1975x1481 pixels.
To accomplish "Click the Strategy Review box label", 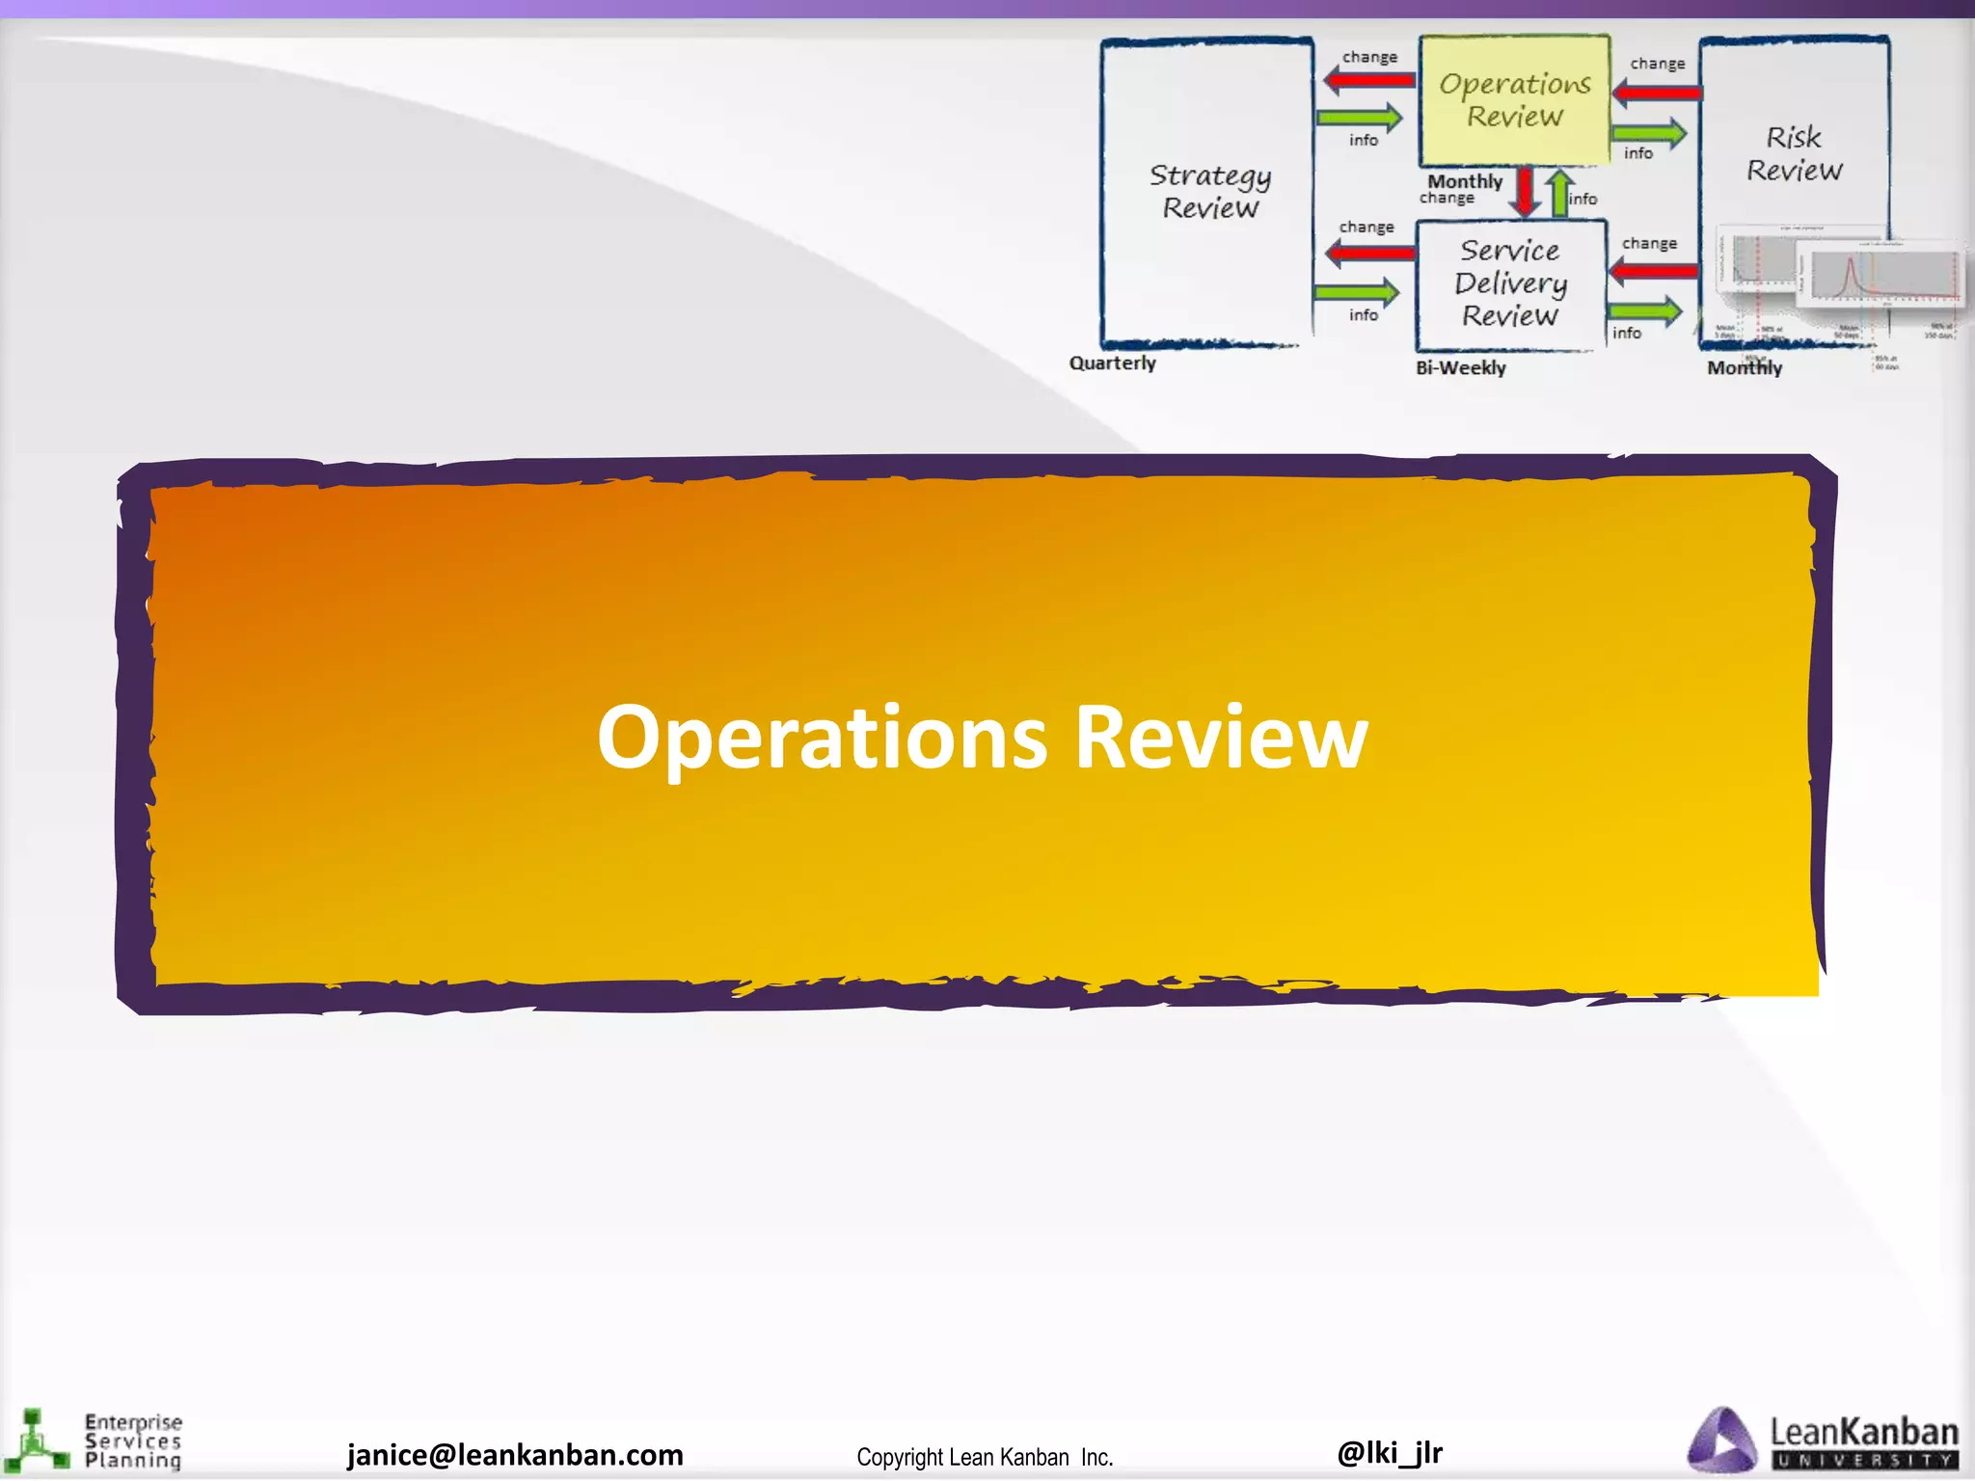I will pos(1209,191).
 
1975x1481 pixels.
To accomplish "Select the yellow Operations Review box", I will pos(1514,100).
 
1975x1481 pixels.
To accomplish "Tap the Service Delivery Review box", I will pos(1510,283).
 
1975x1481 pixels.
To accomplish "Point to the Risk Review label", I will pos(1794,153).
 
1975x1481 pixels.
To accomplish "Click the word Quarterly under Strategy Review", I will pos(1112,364).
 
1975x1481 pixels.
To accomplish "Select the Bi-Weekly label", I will pos(1460,368).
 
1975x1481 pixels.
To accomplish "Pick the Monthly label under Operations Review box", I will pos(1465,181).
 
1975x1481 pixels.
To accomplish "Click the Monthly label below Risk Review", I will pos(1745,368).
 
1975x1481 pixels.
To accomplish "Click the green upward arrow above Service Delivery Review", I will pos(1559,193).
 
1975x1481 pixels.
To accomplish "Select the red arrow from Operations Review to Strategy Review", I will pos(1369,80).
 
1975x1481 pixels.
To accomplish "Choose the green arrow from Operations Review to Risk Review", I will pos(1648,133).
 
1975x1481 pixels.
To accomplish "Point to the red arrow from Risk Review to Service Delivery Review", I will pos(1653,270).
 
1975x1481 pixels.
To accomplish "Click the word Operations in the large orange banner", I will pos(822,739).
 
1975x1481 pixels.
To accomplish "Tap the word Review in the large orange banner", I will pos(1221,739).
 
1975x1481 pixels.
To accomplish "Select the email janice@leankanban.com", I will pos(515,1455).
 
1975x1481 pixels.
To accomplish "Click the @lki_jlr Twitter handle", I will pos(1390,1452).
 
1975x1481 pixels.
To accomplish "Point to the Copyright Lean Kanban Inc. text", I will pos(985,1457).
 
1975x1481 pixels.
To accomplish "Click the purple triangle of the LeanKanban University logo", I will pos(1722,1442).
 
